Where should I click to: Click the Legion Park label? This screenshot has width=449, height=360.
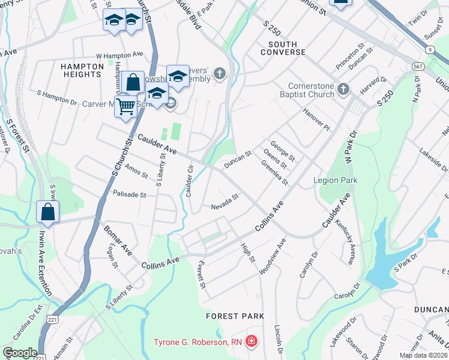click(x=335, y=180)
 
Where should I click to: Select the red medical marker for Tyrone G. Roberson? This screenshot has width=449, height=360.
click(x=252, y=342)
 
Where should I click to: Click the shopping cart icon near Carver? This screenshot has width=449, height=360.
click(x=125, y=107)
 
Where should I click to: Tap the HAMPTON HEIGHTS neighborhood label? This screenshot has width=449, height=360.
click(x=80, y=70)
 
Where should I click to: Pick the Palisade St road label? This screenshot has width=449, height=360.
click(x=130, y=194)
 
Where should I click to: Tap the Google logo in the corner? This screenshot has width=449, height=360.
click(x=20, y=353)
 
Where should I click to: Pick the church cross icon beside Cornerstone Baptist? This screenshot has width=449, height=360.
click(x=343, y=89)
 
